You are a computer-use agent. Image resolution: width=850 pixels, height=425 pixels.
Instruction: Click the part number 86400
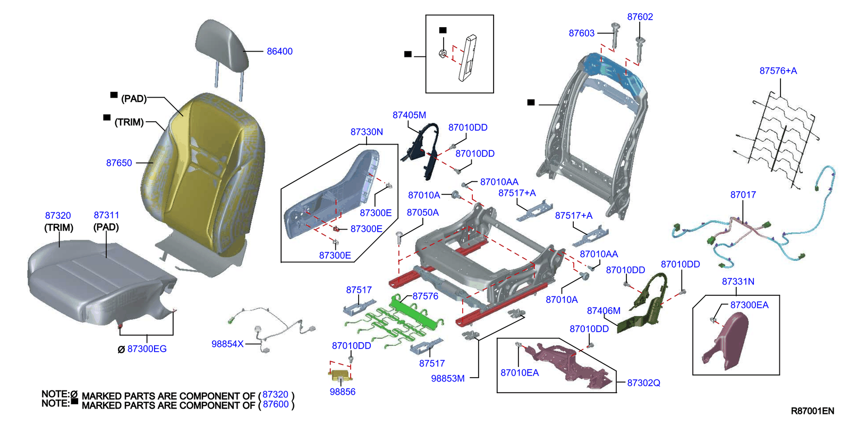[279, 52]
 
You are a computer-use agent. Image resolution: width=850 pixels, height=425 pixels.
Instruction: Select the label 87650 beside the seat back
[119, 163]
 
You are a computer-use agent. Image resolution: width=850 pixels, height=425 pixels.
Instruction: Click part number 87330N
[367, 132]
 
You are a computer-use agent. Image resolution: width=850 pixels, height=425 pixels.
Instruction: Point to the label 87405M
[409, 115]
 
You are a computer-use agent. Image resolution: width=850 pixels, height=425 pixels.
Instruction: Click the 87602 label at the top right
[640, 17]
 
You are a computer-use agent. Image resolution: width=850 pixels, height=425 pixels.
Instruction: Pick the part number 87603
[581, 33]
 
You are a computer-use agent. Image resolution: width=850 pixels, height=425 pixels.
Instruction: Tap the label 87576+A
[778, 71]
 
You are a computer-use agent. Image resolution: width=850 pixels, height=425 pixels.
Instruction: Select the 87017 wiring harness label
[743, 195]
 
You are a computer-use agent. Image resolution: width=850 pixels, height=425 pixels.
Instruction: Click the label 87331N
[738, 282]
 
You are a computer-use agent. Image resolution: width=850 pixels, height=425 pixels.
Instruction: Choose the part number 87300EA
[749, 305]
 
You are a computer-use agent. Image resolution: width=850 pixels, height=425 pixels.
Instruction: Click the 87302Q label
[643, 383]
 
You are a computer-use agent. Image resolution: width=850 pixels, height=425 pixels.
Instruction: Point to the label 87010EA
[520, 373]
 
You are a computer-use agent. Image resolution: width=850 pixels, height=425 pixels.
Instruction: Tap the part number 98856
[342, 392]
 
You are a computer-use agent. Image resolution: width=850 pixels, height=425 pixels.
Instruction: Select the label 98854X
[227, 344]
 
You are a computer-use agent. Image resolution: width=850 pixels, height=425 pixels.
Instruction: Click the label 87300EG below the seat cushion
[147, 349]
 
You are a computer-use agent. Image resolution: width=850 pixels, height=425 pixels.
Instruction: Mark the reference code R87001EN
[812, 411]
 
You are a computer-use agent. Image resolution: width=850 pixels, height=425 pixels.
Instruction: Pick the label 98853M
[448, 379]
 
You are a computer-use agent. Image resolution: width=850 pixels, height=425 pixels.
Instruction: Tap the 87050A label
[422, 212]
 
